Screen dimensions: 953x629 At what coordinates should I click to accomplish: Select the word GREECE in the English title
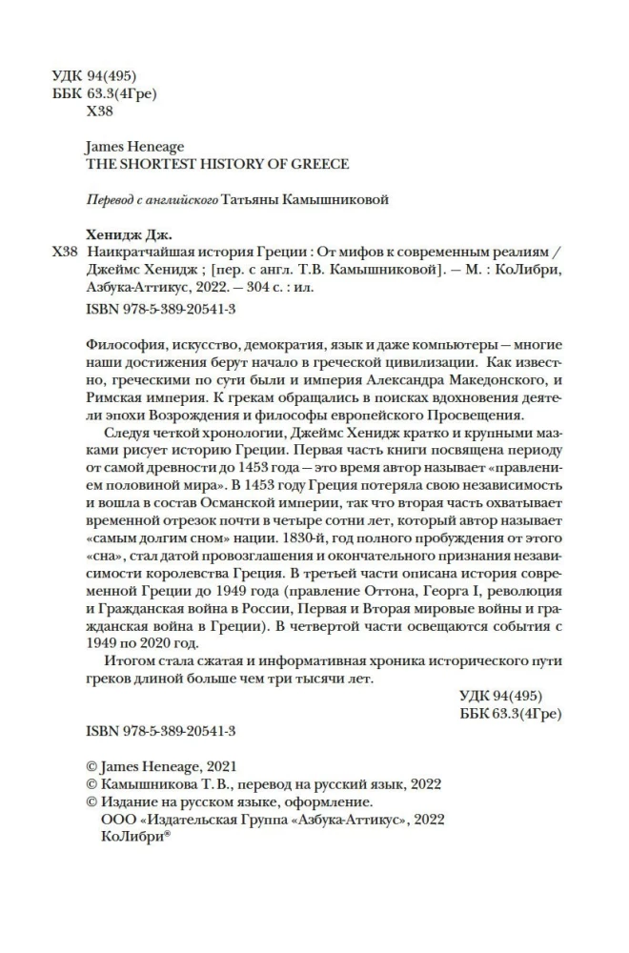[322, 164]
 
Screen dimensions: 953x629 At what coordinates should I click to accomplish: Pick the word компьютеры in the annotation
[442, 340]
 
